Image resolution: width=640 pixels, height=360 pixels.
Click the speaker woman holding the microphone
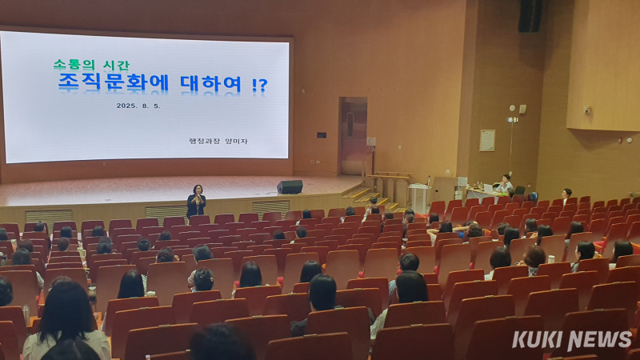pyautogui.click(x=196, y=202)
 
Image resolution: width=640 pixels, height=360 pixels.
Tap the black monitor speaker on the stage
pyautogui.click(x=290, y=187)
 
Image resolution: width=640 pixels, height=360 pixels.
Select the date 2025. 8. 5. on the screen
pyautogui.click(x=138, y=106)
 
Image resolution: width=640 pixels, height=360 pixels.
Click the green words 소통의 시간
pyautogui.click(x=91, y=66)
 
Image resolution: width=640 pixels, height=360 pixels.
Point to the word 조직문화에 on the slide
pyautogui.click(x=113, y=82)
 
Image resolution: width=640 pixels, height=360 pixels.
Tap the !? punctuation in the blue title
pyautogui.click(x=259, y=85)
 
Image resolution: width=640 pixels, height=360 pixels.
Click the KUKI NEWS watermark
pyautogui.click(x=572, y=339)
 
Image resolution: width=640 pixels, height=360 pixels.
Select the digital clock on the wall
pyautogui.click(x=513, y=119)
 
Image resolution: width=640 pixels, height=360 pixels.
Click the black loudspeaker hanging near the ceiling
pyautogui.click(x=530, y=15)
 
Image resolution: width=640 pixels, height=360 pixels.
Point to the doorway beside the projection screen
pyautogui.click(x=354, y=136)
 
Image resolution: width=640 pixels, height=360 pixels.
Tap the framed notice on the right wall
pyautogui.click(x=487, y=141)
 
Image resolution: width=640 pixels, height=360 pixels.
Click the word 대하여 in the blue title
pyautogui.click(x=211, y=84)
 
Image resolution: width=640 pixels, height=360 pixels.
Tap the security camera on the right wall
pyautogui.click(x=587, y=110)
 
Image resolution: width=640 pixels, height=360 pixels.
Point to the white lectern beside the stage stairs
pyautogui.click(x=418, y=198)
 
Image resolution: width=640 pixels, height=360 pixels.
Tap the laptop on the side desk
pyautogui.click(x=488, y=188)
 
